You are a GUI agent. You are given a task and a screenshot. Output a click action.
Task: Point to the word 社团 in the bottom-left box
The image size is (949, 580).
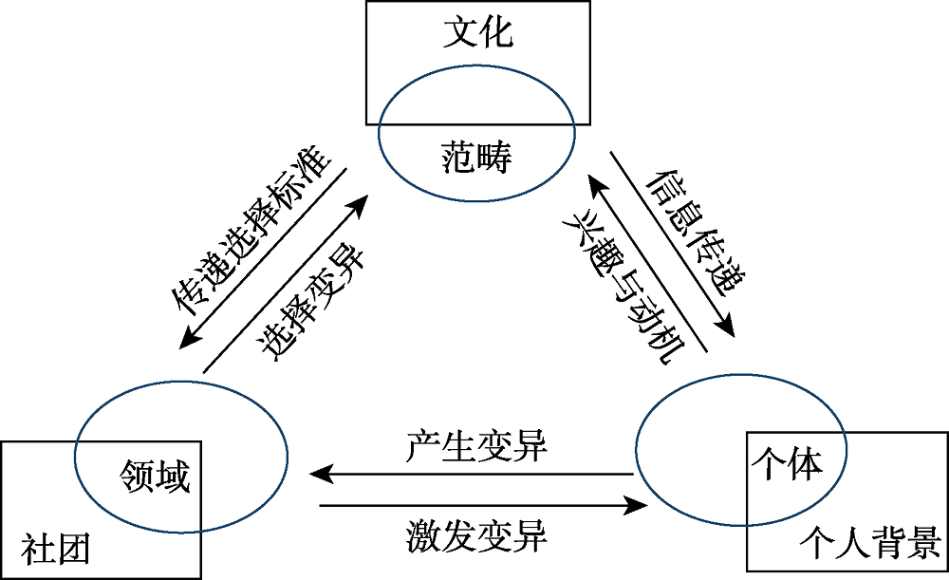[56, 552]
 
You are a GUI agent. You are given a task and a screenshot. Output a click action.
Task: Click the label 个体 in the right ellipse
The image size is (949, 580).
[785, 461]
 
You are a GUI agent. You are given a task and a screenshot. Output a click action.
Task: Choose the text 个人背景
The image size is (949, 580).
[869, 543]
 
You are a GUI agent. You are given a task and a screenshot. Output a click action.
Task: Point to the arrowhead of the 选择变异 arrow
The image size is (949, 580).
[363, 201]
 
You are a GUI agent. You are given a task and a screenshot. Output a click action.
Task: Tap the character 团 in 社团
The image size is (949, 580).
[73, 552]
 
